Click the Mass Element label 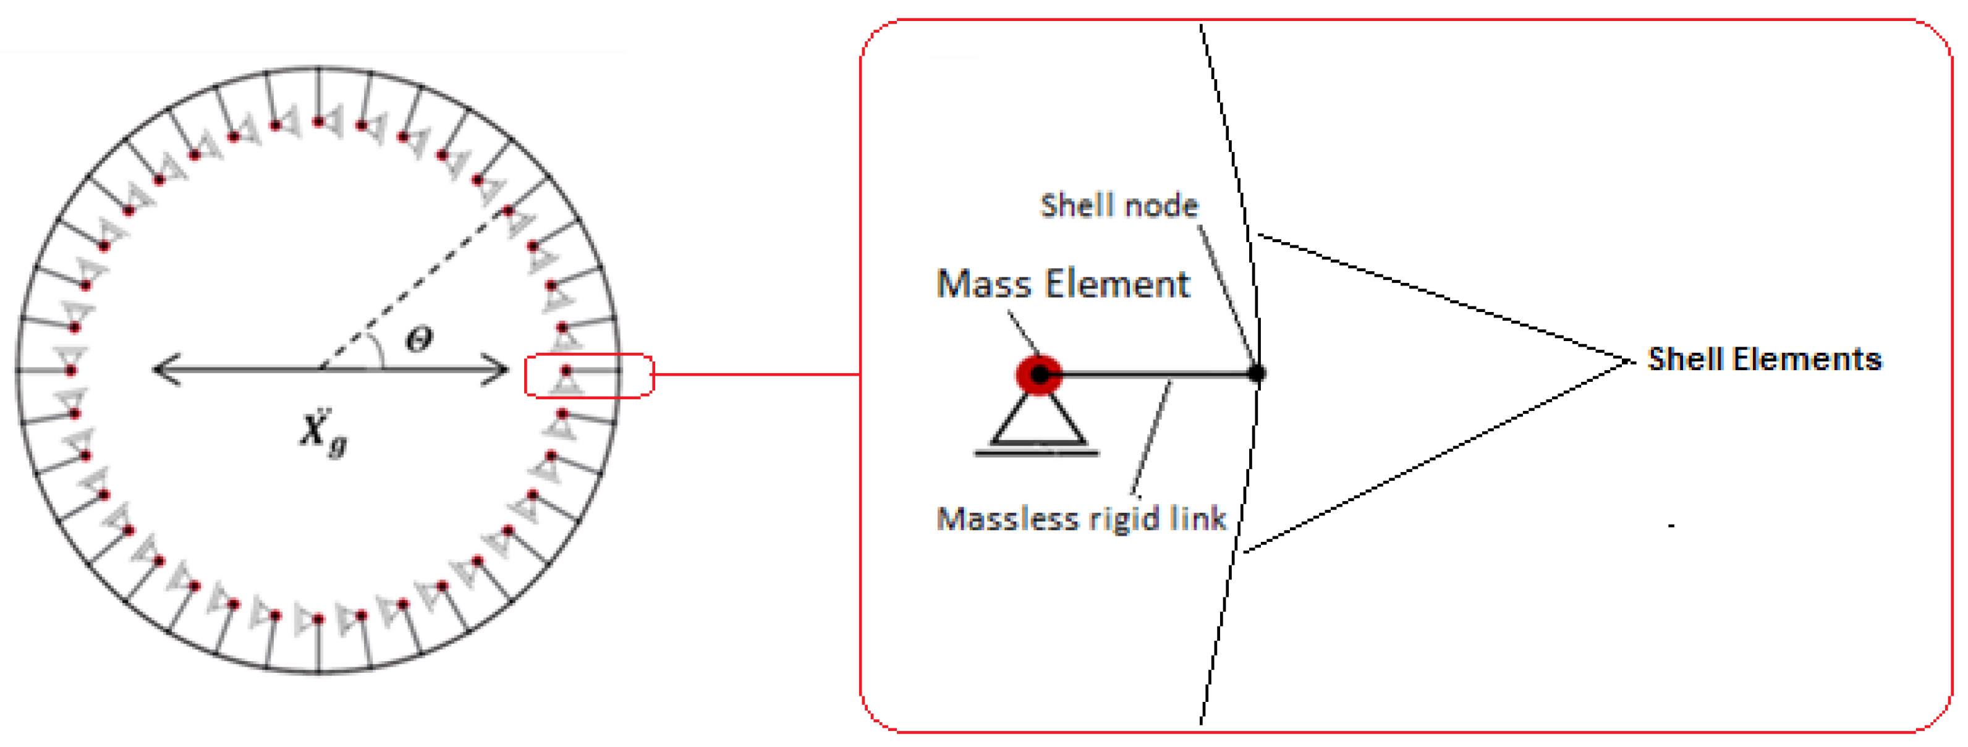[x=1062, y=284]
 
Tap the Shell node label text [x=1119, y=206]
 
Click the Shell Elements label [x=1764, y=359]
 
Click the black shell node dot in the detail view [x=1257, y=373]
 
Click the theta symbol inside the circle [x=418, y=339]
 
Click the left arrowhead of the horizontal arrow [x=164, y=369]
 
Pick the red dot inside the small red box [x=566, y=371]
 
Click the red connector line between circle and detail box [x=757, y=374]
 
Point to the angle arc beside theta [x=378, y=350]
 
